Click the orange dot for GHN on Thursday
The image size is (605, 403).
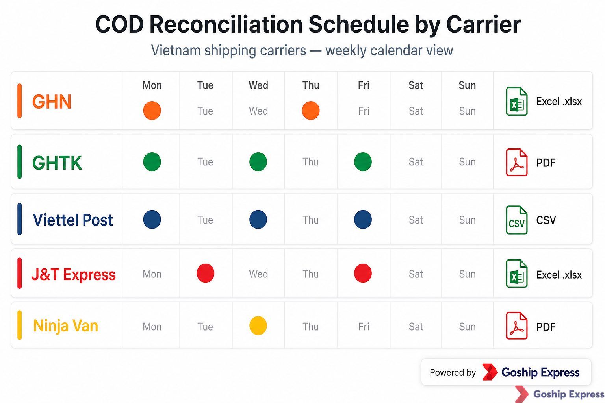(x=311, y=111)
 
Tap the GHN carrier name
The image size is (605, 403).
(x=52, y=102)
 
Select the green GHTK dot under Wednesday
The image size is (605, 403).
(x=258, y=162)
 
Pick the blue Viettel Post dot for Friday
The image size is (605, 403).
(x=363, y=220)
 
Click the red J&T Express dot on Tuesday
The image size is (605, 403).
(x=206, y=273)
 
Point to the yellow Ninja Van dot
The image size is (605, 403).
(x=258, y=325)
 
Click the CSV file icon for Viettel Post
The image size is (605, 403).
(x=517, y=220)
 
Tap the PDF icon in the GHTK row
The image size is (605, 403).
(x=517, y=162)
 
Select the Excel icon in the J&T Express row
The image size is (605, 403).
(x=517, y=274)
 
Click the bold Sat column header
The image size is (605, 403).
(x=416, y=85)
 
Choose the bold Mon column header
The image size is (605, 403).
(x=152, y=85)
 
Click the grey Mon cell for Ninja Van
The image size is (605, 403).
(x=152, y=327)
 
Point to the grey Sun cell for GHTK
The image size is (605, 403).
(x=467, y=162)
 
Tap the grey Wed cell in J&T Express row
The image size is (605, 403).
(x=258, y=274)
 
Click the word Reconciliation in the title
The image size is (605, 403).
(x=226, y=24)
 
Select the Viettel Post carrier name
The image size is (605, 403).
(x=72, y=220)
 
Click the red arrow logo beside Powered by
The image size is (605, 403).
(x=490, y=372)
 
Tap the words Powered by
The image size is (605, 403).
(x=453, y=372)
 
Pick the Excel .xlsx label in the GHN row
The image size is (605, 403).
(x=559, y=102)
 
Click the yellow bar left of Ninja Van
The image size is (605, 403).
(x=19, y=325)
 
